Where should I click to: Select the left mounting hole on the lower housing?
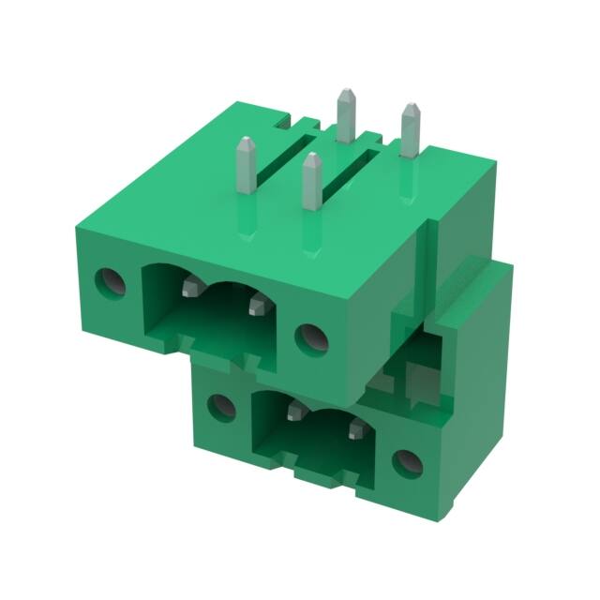click(x=221, y=406)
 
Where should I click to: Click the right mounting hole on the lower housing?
click(x=406, y=460)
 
